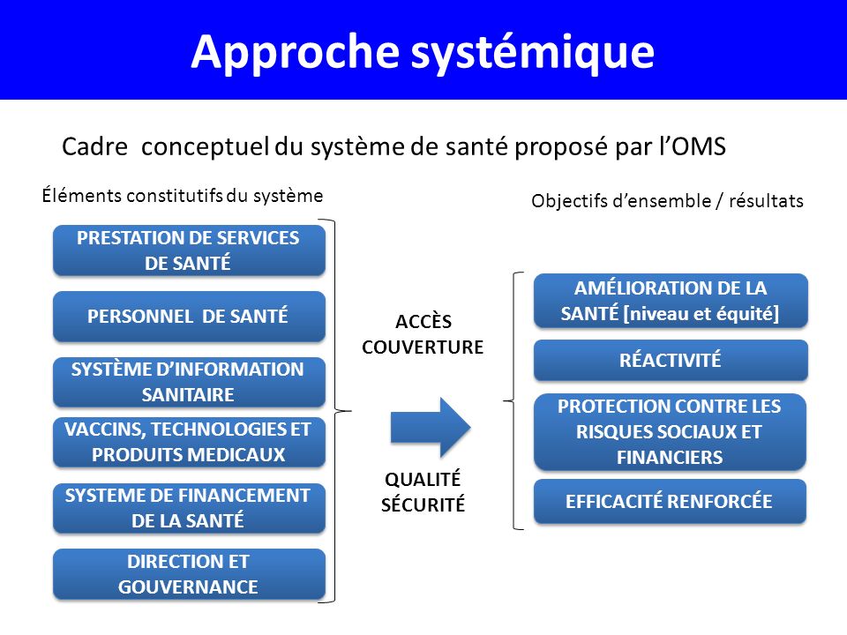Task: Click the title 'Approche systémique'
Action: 423,51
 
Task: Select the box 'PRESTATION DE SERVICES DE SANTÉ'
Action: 189,250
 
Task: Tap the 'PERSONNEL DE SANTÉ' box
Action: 189,317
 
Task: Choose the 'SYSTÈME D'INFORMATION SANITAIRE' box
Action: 189,382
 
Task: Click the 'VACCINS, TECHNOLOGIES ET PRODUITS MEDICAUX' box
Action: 189,442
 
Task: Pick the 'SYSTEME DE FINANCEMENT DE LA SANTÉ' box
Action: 189,508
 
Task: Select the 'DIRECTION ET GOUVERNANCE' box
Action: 189,574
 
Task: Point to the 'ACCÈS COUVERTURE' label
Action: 423,335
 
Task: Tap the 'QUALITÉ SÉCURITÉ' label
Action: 423,492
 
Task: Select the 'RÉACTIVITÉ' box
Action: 671,360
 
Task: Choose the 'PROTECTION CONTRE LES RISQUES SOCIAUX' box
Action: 671,431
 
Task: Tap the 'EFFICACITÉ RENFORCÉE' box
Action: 671,502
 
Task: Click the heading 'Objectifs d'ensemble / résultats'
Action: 667,201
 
